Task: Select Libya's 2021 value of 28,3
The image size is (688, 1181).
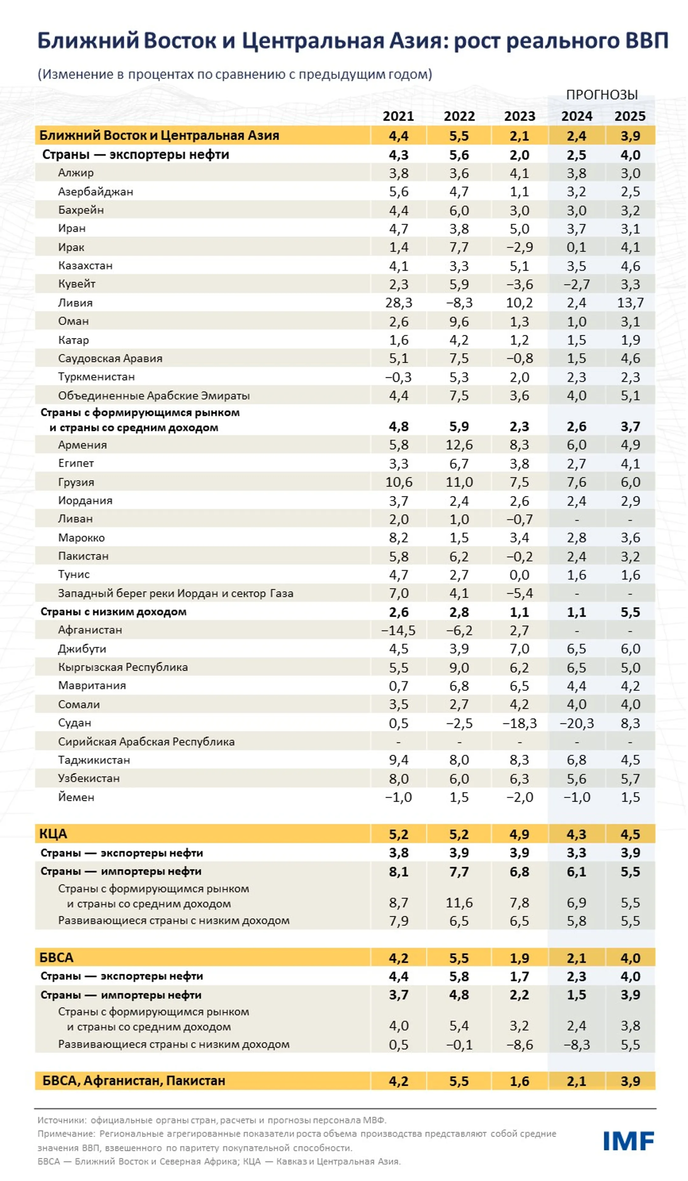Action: pos(398,302)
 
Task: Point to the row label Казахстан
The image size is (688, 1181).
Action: pos(85,265)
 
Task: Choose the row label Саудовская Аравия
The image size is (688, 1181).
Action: pos(110,358)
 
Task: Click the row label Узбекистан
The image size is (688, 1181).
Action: pos(89,778)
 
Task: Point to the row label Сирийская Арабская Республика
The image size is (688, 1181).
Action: pos(146,741)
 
